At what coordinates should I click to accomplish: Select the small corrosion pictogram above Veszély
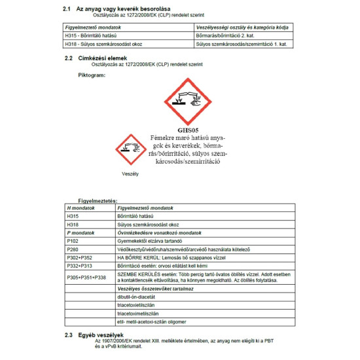(130, 149)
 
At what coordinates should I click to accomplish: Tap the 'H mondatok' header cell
(81, 207)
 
